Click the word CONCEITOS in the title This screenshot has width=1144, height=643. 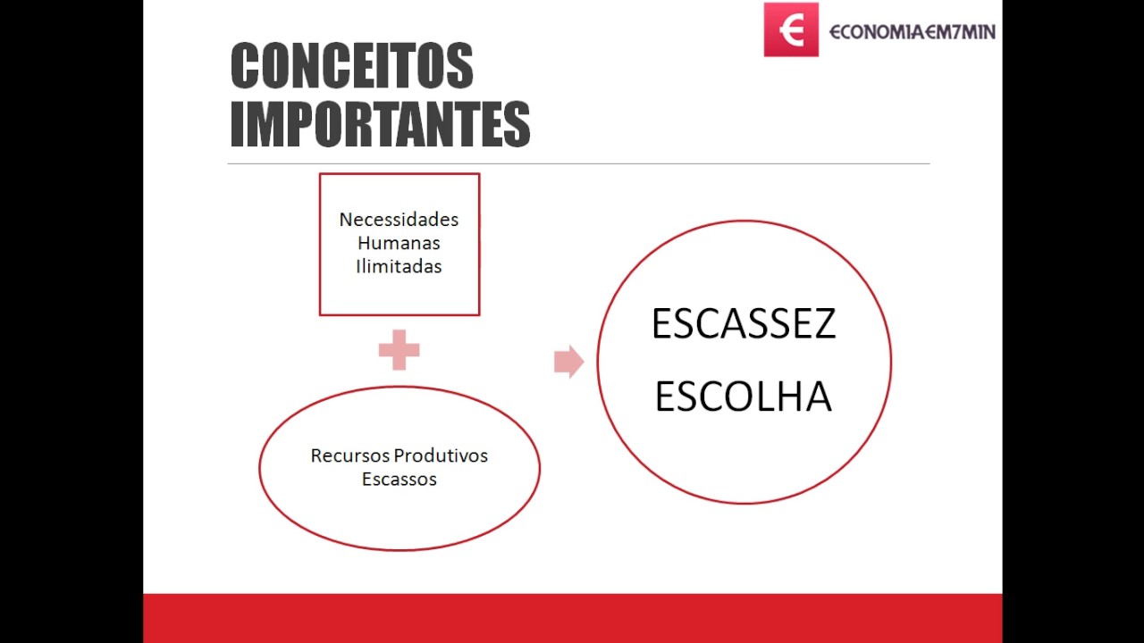pos(352,66)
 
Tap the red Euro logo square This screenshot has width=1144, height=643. pos(791,29)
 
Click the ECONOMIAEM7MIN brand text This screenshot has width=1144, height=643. pos(912,31)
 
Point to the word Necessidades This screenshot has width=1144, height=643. pos(399,220)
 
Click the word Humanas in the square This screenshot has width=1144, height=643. pos(399,243)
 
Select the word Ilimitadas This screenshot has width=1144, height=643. pos(399,266)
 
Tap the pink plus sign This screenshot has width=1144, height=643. pos(399,350)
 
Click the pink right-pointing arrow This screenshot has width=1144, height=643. pos(568,362)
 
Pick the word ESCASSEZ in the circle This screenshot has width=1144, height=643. pos(744,323)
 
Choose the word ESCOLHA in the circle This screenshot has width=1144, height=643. pos(744,397)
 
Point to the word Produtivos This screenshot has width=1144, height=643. pos(442,455)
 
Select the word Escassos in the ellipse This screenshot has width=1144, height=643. pos(399,479)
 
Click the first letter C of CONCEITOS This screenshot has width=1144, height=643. pos(245,66)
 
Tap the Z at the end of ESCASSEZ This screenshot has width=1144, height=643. pos(824,323)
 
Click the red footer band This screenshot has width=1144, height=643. pos(572,618)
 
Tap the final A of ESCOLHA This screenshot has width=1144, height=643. pos(818,397)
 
